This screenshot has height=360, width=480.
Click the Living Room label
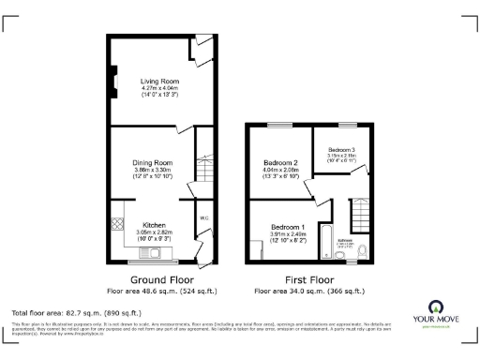point(158,82)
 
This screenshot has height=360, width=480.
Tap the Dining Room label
point(153,162)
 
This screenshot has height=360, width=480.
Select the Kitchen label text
point(154,225)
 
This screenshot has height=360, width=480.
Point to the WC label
point(203,218)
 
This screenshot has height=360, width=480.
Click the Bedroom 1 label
point(288,227)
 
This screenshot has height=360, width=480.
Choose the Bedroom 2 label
point(281,162)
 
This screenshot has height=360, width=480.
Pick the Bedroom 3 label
point(341,150)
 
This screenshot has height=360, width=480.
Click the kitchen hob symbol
point(118,225)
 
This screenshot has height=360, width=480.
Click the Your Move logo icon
point(436,307)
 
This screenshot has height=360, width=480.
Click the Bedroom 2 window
point(278,125)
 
